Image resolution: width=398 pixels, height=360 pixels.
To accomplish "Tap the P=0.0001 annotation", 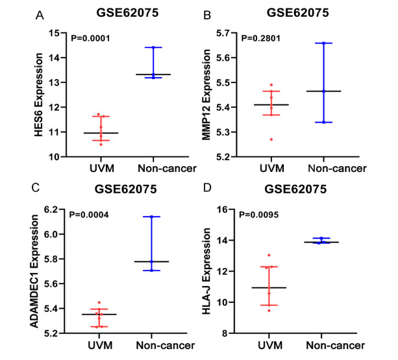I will coord(89,38).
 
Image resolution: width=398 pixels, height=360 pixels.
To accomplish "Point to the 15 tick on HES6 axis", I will coord(55,33).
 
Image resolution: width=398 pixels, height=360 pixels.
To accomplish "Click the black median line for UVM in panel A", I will coord(101,132).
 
